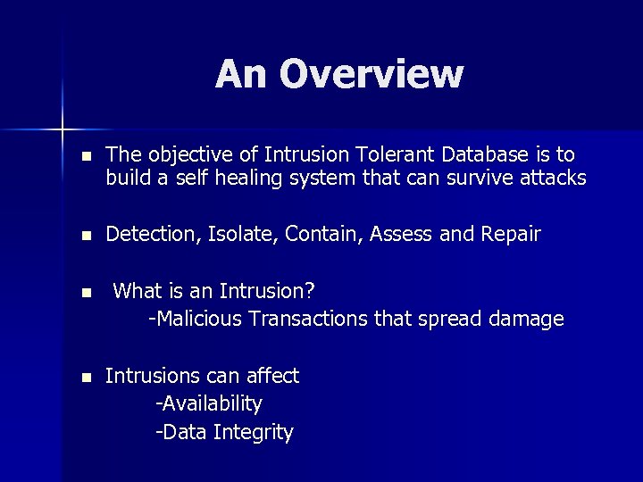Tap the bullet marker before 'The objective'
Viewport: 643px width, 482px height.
(85, 156)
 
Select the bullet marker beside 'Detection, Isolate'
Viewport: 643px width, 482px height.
(85, 236)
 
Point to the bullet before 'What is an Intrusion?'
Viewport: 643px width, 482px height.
(85, 292)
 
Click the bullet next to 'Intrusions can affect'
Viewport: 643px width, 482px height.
(85, 378)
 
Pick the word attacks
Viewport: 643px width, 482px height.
(553, 179)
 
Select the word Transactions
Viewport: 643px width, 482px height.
(306, 319)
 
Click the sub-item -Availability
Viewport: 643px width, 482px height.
(208, 404)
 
